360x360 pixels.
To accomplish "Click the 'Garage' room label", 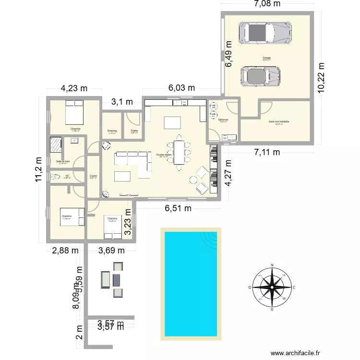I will pos(266,58).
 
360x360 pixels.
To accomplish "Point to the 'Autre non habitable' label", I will pos(279,122).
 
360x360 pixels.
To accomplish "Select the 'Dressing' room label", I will pos(111,130).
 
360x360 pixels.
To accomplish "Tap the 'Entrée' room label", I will pos(134,131).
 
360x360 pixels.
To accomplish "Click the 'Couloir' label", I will pos(93,176).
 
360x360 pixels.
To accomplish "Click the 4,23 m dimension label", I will pos(74,88).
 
